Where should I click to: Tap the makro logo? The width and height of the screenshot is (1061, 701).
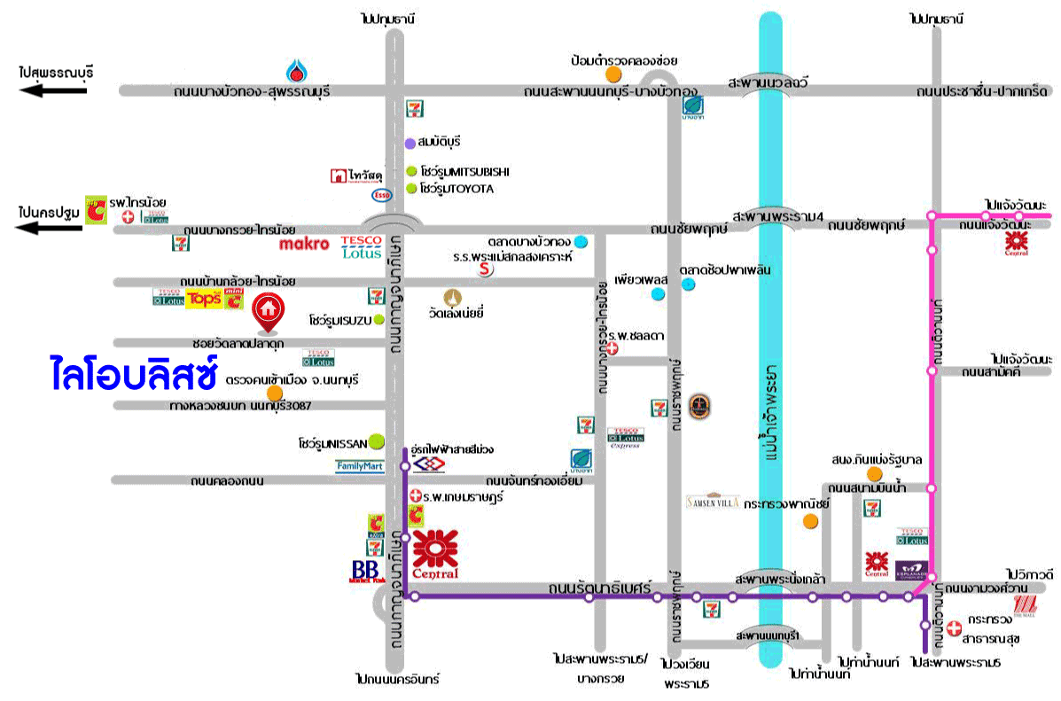click(x=304, y=244)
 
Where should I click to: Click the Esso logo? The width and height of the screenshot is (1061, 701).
click(x=381, y=194)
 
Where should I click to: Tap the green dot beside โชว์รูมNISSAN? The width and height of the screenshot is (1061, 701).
click(x=377, y=440)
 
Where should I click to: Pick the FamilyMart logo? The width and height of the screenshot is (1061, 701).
click(x=360, y=465)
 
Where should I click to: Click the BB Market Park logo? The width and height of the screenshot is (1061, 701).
click(x=365, y=572)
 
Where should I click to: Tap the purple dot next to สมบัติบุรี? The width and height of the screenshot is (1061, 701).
click(x=410, y=143)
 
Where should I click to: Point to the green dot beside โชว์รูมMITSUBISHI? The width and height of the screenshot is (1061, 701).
click(x=410, y=172)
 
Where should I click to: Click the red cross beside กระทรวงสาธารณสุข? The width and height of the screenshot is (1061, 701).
click(x=953, y=627)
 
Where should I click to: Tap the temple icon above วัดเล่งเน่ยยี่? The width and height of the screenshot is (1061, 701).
click(x=456, y=295)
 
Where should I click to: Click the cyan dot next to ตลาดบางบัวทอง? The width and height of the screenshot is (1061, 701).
click(x=580, y=241)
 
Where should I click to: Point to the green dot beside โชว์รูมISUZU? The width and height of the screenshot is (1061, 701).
click(x=379, y=319)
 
